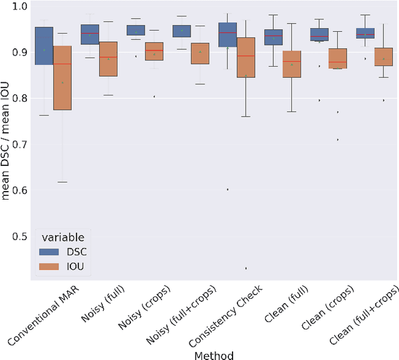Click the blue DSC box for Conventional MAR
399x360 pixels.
click(44, 46)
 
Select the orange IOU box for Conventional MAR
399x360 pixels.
click(62, 78)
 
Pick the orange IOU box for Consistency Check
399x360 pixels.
click(246, 57)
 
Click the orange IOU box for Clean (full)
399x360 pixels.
click(291, 64)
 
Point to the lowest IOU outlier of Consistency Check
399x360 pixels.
click(246, 268)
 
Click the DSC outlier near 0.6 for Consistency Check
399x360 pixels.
click(227, 189)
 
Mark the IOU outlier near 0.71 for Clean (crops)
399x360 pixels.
click(337, 140)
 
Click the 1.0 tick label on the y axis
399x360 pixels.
click(20, 6)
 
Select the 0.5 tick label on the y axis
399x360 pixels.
click(20, 236)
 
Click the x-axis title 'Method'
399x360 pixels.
click(213, 355)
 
